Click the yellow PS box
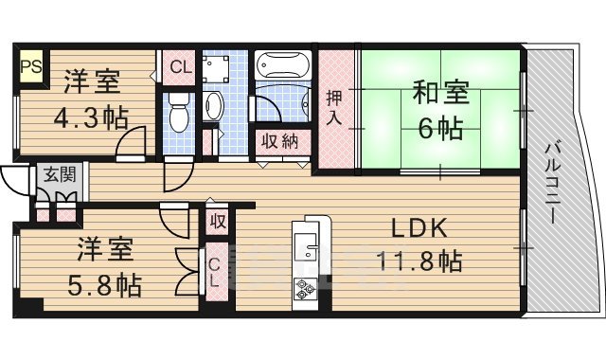point(28,67)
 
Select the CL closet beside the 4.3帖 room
point(178,68)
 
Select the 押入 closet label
point(335,107)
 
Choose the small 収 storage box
point(218,223)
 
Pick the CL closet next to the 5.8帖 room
point(216,272)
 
